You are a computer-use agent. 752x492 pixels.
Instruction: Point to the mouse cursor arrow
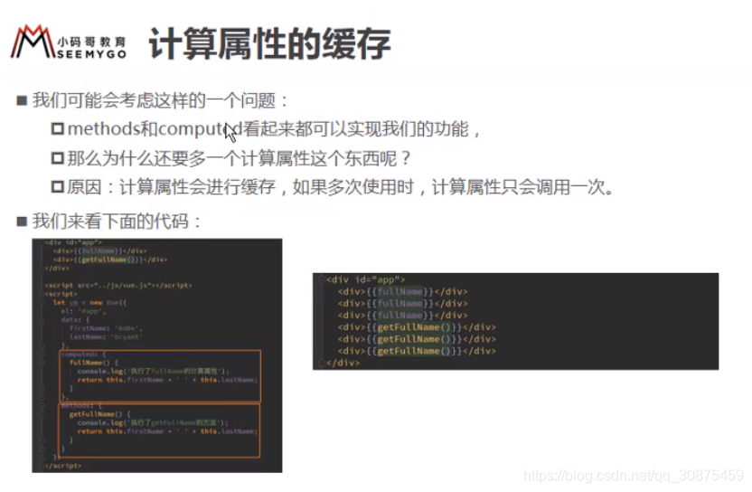pos(230,132)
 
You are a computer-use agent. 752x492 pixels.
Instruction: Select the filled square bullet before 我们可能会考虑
pos(22,100)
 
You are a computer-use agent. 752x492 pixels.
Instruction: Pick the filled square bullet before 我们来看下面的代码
pos(22,221)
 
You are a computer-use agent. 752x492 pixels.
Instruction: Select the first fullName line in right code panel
pos(402,291)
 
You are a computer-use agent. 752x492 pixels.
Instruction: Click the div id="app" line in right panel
pos(366,279)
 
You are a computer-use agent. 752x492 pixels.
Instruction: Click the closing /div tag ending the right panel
pos(343,363)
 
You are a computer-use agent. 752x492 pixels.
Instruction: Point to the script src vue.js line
pos(118,285)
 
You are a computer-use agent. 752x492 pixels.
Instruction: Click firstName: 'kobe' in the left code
pos(99,327)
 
